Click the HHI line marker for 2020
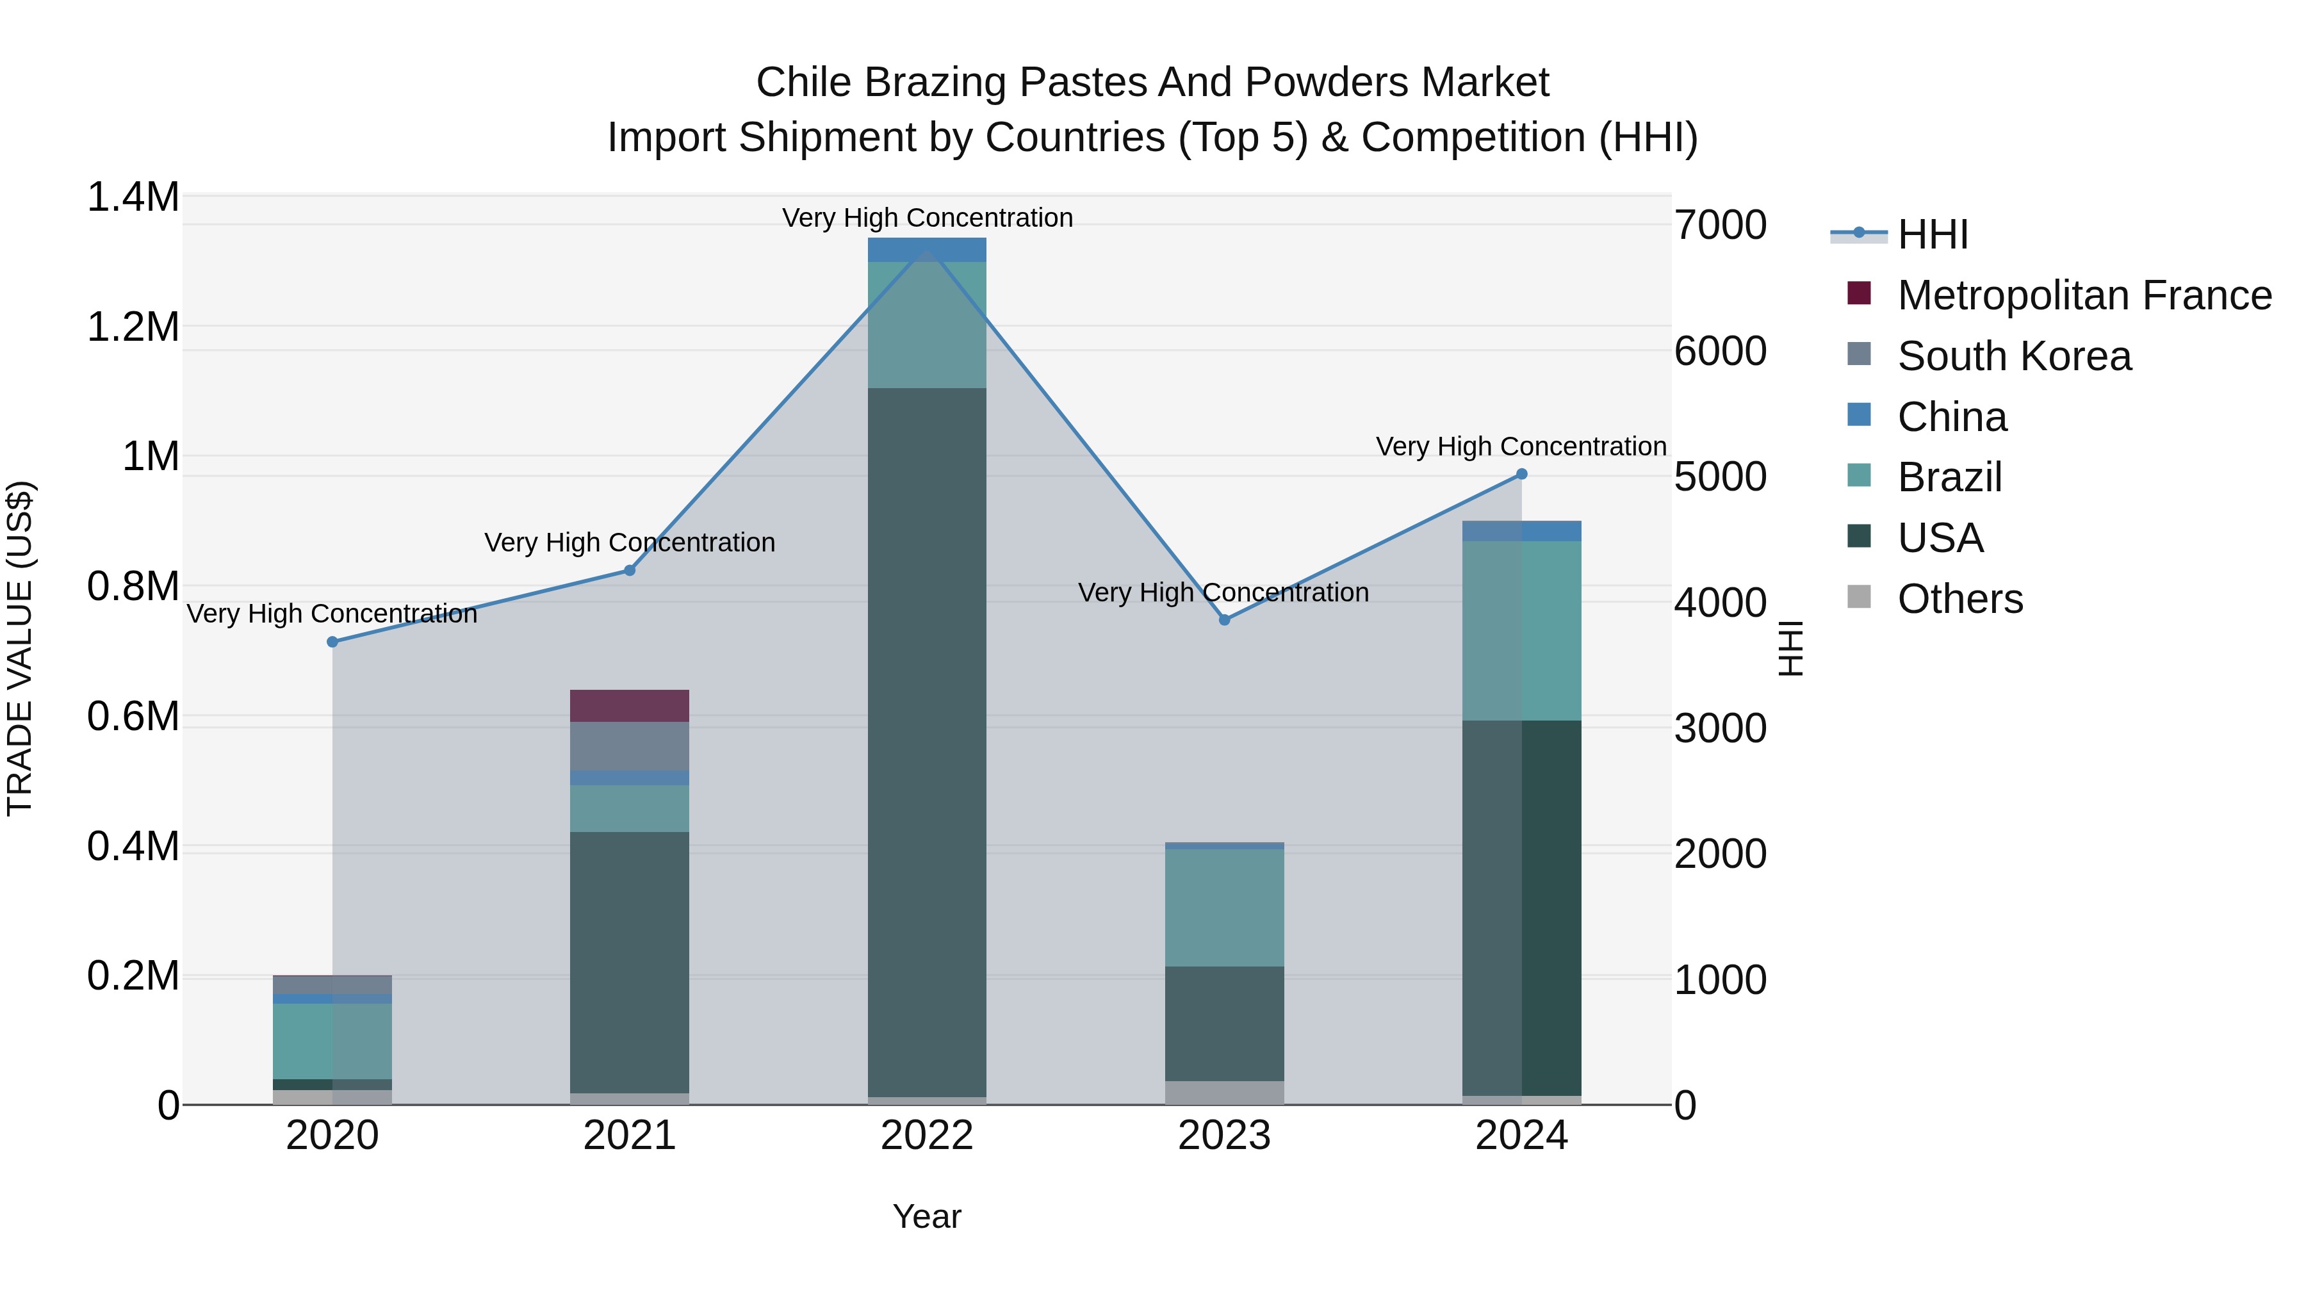[332, 642]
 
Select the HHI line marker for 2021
[629, 570]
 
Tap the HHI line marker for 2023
[1225, 619]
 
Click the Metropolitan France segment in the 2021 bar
[629, 705]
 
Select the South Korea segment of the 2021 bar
[629, 746]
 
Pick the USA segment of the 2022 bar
[926, 743]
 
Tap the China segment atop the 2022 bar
[926, 250]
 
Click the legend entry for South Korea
[2014, 356]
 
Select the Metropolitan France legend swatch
[1858, 293]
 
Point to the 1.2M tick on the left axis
[133, 327]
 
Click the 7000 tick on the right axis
[1721, 225]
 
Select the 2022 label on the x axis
[926, 1136]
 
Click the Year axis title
[926, 1216]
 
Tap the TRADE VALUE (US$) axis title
[20, 648]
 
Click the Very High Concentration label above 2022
[926, 218]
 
